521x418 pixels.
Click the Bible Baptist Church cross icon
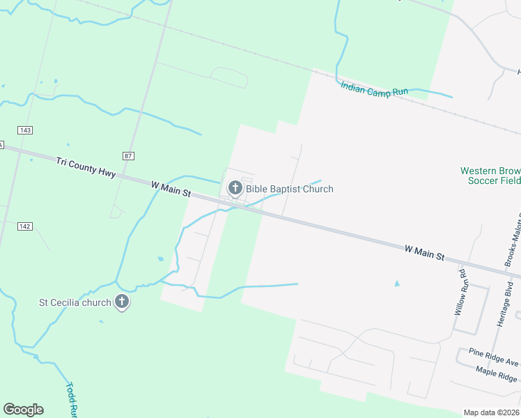[x=235, y=187]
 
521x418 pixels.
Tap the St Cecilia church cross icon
[x=122, y=302]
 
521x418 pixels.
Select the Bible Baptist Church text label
[x=289, y=189]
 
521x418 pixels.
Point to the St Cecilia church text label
[x=74, y=302]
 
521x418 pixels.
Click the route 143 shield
[x=25, y=130]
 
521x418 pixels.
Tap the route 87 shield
[x=127, y=155]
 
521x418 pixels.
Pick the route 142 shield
[x=25, y=226]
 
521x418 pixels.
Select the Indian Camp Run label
[x=374, y=88]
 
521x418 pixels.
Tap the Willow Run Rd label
[x=460, y=291]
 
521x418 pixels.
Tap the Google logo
[x=23, y=410]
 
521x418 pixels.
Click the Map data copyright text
[x=492, y=412]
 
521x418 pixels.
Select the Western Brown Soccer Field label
[x=490, y=176]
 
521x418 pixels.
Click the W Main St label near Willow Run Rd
[x=424, y=252]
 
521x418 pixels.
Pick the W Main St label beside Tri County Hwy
[x=171, y=189]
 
